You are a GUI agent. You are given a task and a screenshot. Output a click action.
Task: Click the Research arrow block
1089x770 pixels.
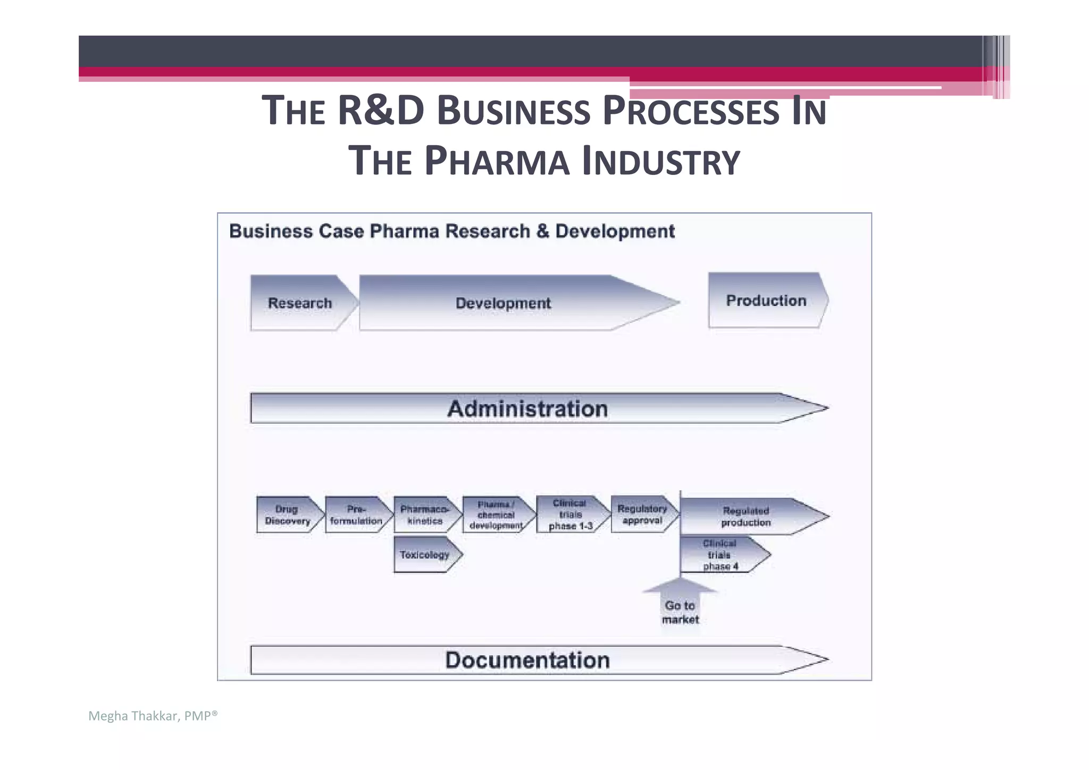click(300, 303)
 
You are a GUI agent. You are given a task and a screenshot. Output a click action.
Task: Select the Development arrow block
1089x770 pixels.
click(503, 303)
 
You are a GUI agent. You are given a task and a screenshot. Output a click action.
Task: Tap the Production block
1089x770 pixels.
click(766, 300)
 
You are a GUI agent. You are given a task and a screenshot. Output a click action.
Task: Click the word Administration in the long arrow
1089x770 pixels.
click(527, 409)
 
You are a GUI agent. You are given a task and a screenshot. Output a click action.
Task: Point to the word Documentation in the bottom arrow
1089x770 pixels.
click(527, 660)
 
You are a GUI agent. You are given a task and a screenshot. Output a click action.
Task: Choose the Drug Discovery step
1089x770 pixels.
click(287, 515)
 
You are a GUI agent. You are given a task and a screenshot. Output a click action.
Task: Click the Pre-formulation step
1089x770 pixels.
click(356, 515)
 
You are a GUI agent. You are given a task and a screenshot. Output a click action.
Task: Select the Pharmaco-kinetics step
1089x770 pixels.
click(424, 515)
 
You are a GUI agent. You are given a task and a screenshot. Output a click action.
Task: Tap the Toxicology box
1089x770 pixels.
click(424, 555)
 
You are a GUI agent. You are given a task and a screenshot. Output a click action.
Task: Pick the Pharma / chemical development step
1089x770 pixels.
click(496, 515)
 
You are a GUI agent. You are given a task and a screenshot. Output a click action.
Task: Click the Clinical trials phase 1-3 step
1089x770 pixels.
click(570, 514)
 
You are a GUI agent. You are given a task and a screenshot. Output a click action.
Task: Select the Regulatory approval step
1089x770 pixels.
click(642, 514)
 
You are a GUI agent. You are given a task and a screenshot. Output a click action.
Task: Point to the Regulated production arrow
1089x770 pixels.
click(745, 516)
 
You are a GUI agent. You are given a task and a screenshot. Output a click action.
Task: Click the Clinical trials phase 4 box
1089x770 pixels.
click(719, 555)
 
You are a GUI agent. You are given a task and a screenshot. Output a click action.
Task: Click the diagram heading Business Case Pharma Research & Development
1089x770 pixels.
click(451, 231)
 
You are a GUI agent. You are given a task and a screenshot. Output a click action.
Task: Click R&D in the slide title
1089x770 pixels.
click(381, 110)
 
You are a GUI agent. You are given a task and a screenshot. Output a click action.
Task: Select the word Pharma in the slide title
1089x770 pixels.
click(497, 161)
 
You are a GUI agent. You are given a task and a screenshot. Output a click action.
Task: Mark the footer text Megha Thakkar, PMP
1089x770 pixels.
click(153, 716)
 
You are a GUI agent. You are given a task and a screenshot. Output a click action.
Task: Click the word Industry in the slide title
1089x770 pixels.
click(660, 161)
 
